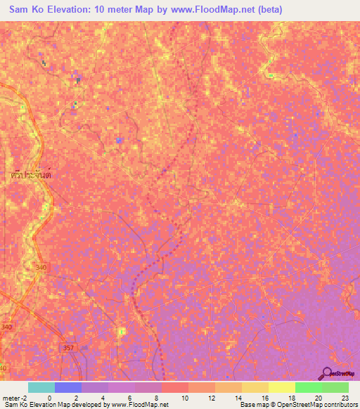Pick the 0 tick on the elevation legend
click(x=49, y=398)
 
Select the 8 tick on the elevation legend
click(x=156, y=398)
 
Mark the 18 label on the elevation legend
click(x=290, y=398)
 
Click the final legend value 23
click(x=344, y=398)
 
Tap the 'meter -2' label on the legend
click(x=13, y=398)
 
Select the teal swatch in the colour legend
click(x=41, y=387)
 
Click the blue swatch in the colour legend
click(x=68, y=387)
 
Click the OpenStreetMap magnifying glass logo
click(x=327, y=372)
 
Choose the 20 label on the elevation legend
click(x=317, y=398)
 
